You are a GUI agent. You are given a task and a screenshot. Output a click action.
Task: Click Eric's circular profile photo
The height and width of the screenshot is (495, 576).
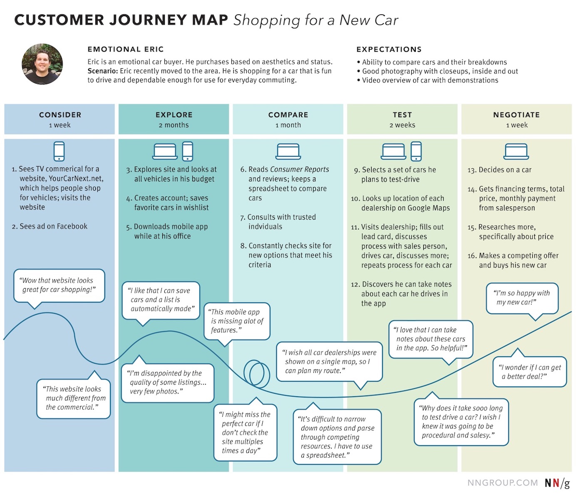(x=42, y=64)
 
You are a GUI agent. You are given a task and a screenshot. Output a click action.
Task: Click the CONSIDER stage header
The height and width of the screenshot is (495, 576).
(x=60, y=115)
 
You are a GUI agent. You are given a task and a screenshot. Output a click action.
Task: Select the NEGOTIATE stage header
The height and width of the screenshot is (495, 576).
(x=516, y=115)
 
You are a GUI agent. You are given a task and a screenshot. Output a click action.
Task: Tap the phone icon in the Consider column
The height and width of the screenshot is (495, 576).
(x=59, y=151)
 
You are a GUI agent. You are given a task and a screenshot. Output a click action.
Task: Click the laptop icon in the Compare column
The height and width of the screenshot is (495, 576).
(x=288, y=152)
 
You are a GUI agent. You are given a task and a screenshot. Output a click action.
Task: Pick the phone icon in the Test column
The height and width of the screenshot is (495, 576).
(x=416, y=151)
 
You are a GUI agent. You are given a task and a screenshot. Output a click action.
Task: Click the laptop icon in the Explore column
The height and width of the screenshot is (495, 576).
(x=165, y=152)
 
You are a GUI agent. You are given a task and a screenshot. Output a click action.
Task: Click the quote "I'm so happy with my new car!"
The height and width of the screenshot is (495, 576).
(x=522, y=298)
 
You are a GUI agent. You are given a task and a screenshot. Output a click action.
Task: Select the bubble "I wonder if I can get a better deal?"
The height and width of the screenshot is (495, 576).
(x=529, y=372)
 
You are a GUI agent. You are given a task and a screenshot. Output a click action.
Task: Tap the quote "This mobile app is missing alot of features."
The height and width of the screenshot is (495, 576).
(x=237, y=321)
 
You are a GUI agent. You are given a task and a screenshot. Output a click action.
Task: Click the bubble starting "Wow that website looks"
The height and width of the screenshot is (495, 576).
(x=59, y=285)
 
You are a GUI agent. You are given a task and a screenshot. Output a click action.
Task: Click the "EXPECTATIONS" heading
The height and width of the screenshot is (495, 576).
(x=389, y=50)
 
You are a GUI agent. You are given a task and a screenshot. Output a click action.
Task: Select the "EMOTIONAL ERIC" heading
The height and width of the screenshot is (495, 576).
(x=125, y=50)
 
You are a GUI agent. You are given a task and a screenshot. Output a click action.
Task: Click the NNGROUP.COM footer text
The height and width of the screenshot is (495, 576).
(x=502, y=483)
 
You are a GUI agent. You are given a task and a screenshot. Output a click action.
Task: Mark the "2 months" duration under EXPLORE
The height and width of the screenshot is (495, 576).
(x=174, y=125)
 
